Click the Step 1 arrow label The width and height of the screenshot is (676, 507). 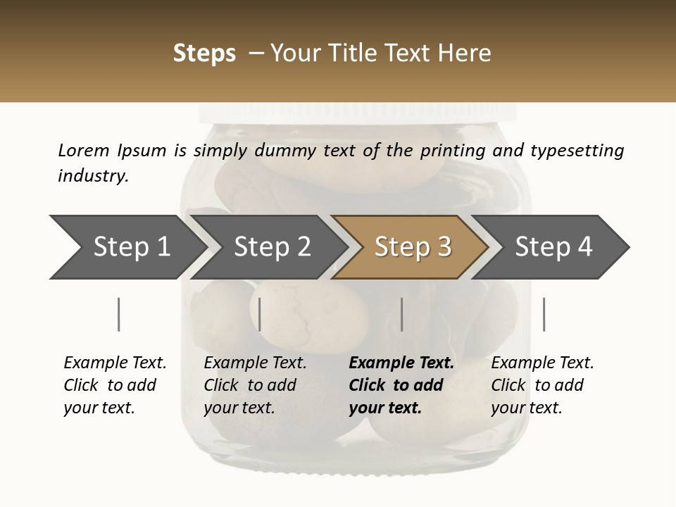pyautogui.click(x=132, y=246)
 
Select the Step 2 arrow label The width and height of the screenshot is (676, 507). pyautogui.click(x=273, y=246)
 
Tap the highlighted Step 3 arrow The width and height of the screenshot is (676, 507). pyautogui.click(x=413, y=246)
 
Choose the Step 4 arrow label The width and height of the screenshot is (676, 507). pyautogui.click(x=553, y=246)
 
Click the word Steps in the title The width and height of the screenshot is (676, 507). pyautogui.click(x=204, y=54)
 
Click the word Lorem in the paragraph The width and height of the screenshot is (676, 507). pyautogui.click(x=83, y=150)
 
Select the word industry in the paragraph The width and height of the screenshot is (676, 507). pyautogui.click(x=93, y=176)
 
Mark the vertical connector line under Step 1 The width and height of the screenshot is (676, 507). pyautogui.click(x=118, y=314)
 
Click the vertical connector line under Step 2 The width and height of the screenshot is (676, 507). pyautogui.click(x=260, y=314)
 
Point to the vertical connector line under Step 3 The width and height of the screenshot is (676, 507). pyautogui.click(x=401, y=314)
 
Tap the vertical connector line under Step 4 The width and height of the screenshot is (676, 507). pyautogui.click(x=544, y=314)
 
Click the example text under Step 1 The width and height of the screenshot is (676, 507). pyautogui.click(x=115, y=385)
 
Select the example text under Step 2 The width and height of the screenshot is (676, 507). pyautogui.click(x=255, y=385)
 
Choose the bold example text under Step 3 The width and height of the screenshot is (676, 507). pyautogui.click(x=401, y=385)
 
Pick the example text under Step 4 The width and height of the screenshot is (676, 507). pyautogui.click(x=542, y=385)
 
